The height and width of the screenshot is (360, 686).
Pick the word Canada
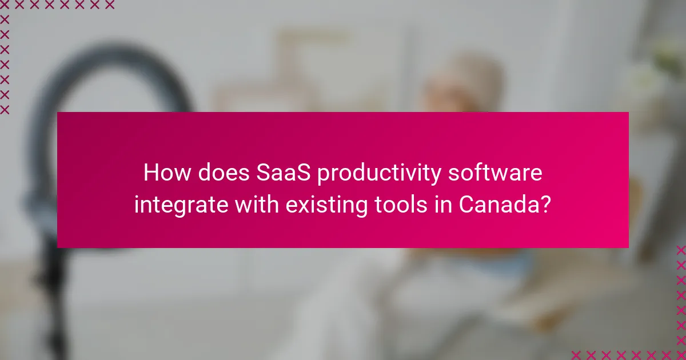click(499, 205)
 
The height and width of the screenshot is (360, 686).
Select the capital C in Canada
click(468, 205)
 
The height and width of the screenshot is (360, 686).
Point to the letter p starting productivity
click(323, 175)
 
